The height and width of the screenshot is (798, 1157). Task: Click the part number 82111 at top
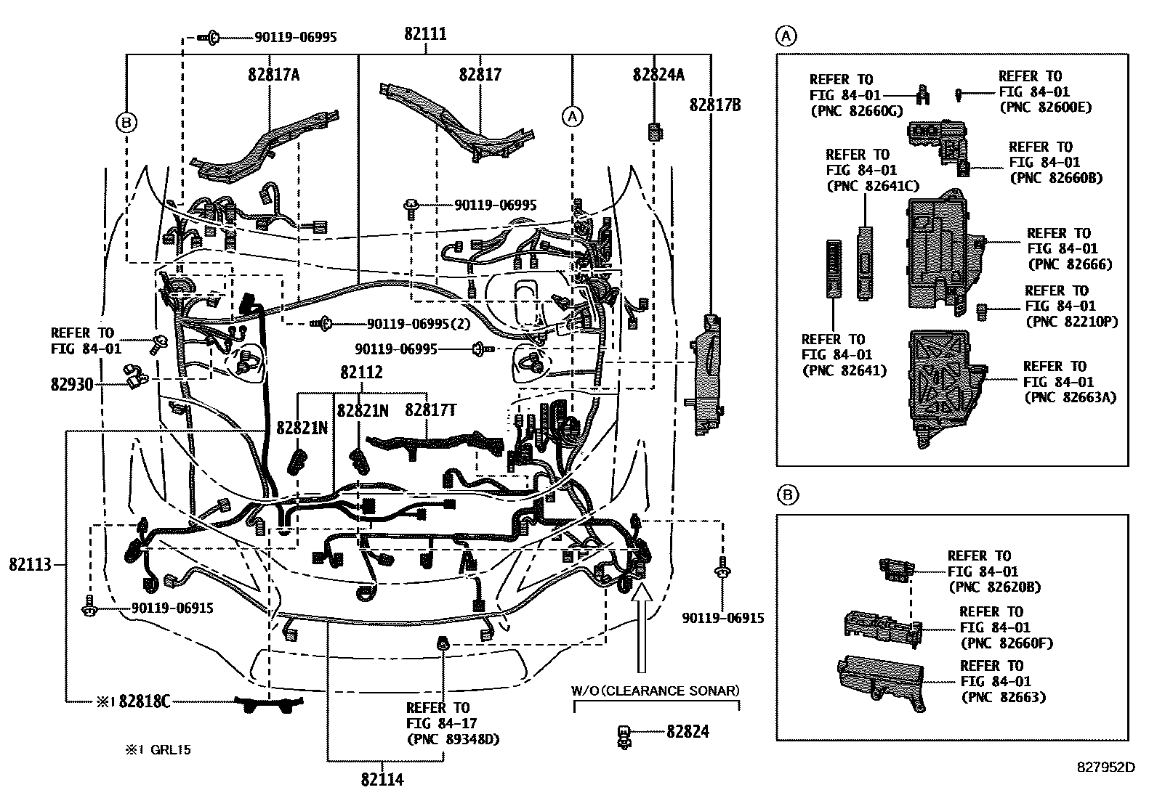(425, 34)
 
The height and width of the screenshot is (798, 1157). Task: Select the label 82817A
(273, 75)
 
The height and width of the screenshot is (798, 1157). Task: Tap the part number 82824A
(658, 75)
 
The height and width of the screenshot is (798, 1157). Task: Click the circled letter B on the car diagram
(126, 123)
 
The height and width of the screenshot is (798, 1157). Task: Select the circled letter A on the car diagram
(573, 115)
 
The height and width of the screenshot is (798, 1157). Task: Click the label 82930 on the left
(72, 385)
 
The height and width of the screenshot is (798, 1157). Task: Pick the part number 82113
(31, 564)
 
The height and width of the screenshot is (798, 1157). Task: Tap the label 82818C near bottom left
(145, 701)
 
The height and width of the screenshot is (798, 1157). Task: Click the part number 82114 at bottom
(382, 780)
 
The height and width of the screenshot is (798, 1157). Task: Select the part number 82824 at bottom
(688, 732)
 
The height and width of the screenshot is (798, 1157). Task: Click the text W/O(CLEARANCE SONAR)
(656, 690)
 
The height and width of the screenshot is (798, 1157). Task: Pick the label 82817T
(431, 410)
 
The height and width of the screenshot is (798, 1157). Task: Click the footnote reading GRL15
(171, 750)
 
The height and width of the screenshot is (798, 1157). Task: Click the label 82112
(361, 372)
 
